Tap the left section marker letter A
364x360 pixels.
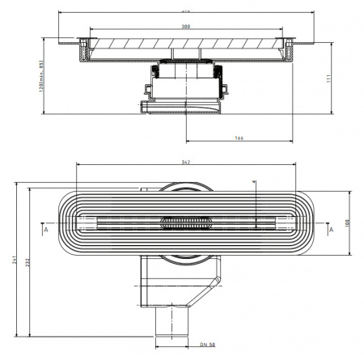click(x=46, y=229)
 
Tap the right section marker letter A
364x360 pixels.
click(x=330, y=229)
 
